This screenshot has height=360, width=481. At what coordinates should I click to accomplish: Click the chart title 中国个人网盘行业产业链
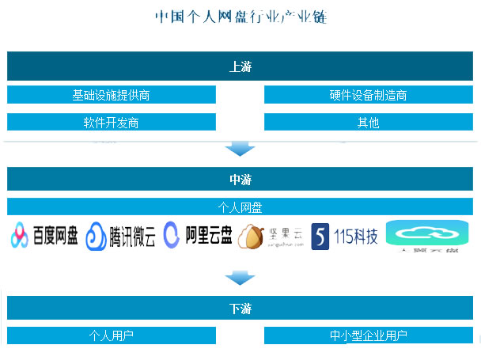[x=240, y=17]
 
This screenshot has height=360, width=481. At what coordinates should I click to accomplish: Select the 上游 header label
[x=240, y=66]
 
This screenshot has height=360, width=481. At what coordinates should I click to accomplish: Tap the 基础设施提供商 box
[x=112, y=95]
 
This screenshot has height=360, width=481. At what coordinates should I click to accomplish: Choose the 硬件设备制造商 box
[x=368, y=95]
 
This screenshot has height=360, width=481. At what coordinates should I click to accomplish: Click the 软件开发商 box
[x=112, y=123]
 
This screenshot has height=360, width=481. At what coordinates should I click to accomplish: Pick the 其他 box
[x=368, y=123]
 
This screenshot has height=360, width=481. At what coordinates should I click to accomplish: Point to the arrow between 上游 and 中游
[x=240, y=149]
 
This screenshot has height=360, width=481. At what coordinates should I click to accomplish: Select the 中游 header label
[x=240, y=180]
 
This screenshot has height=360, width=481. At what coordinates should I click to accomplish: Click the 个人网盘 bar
[x=240, y=207]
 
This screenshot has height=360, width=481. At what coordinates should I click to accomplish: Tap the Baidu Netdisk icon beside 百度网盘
[x=21, y=236]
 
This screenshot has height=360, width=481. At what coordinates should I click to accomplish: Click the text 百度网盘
[x=56, y=236]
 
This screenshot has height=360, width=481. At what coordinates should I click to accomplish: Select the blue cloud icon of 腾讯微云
[x=96, y=237]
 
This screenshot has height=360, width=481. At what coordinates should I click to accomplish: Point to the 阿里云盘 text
[x=208, y=236]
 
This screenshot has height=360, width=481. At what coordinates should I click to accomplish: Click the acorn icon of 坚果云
[x=251, y=237]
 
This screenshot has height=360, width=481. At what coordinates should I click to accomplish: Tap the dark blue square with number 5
[x=320, y=237]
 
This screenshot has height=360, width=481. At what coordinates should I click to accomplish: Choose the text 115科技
[x=356, y=237]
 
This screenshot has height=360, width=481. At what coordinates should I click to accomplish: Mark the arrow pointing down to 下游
[x=240, y=278]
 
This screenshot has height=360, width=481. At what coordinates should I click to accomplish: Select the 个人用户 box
[x=112, y=335]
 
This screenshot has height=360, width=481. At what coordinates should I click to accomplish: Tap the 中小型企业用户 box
[x=368, y=335]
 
